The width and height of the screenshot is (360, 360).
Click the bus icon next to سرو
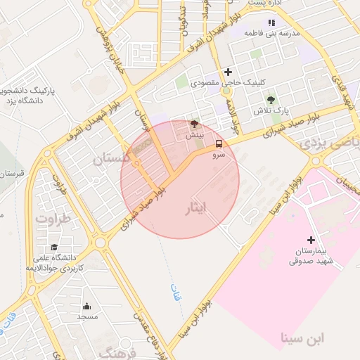(x=217, y=144)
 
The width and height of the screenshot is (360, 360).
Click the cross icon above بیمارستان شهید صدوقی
(x=311, y=240)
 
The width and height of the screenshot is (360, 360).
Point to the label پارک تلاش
(x=272, y=112)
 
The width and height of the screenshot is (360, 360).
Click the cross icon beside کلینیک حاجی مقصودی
(x=228, y=72)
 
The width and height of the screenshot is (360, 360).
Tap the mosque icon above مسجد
(x=86, y=306)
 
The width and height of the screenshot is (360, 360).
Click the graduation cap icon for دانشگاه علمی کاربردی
(x=54, y=247)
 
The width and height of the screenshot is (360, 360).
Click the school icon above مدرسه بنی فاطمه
(x=272, y=22)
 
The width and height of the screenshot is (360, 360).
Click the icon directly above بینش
(x=194, y=123)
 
